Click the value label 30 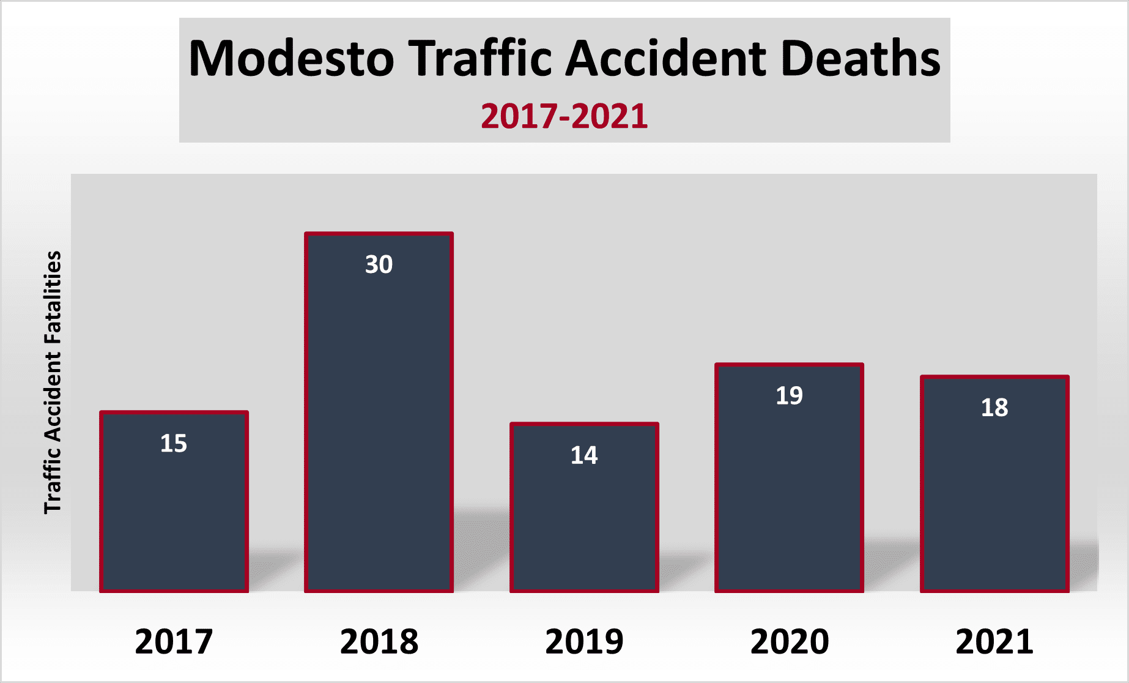tap(379, 264)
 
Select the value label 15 tap(174, 443)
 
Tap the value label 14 tap(584, 455)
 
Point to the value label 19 tap(789, 395)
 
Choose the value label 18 tap(994, 408)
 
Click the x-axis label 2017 tap(174, 641)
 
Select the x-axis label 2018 tap(379, 641)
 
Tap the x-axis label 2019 tap(584, 641)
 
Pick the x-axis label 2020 tap(789, 641)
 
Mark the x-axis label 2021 tap(994, 641)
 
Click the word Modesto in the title tap(292, 59)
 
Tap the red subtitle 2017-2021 tap(564, 116)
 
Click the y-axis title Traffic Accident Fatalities tap(53, 383)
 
